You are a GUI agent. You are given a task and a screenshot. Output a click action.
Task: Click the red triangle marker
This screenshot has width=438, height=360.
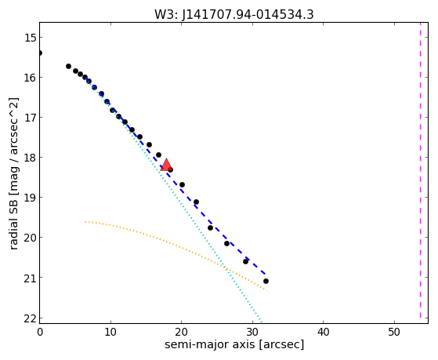pyautogui.click(x=166, y=165)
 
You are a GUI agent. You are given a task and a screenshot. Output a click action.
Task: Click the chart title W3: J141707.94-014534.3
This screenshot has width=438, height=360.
pyautogui.click(x=234, y=15)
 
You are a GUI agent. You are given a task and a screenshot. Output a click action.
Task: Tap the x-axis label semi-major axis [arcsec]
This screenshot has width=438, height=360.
pyautogui.click(x=234, y=344)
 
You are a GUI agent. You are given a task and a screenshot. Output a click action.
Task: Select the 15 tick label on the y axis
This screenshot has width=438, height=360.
pyautogui.click(x=30, y=38)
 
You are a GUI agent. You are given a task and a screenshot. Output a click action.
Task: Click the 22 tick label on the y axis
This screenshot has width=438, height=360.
pyautogui.click(x=30, y=318)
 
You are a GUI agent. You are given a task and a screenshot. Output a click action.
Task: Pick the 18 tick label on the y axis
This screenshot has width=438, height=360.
pyautogui.click(x=30, y=158)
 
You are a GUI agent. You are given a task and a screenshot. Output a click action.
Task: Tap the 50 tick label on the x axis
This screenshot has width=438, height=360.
pyautogui.click(x=394, y=332)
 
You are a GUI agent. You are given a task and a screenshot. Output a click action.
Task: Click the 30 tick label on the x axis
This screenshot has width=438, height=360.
pyautogui.click(x=252, y=332)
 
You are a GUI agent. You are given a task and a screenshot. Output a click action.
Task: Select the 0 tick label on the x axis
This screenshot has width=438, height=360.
pyautogui.click(x=40, y=332)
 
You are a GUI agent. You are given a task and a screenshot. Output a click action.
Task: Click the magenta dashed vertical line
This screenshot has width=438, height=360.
pyautogui.click(x=420, y=170)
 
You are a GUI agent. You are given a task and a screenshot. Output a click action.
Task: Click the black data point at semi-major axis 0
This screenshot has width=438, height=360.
pyautogui.click(x=40, y=53)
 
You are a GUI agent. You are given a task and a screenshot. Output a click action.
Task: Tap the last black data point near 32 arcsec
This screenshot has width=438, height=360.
pyautogui.click(x=266, y=281)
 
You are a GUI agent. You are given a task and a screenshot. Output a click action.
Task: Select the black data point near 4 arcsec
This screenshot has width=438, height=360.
pyautogui.click(x=68, y=67)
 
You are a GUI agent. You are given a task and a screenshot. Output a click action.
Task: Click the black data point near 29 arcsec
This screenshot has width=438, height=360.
pyautogui.click(x=245, y=261)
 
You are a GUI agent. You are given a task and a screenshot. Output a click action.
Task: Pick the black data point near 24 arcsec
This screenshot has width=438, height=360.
pyautogui.click(x=210, y=227)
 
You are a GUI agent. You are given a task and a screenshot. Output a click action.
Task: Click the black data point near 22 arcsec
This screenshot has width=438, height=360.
pyautogui.click(x=196, y=202)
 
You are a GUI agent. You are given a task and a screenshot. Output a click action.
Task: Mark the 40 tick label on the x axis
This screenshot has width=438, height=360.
pyautogui.click(x=323, y=332)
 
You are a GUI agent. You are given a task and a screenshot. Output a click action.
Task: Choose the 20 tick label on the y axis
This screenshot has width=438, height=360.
pyautogui.click(x=30, y=238)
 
